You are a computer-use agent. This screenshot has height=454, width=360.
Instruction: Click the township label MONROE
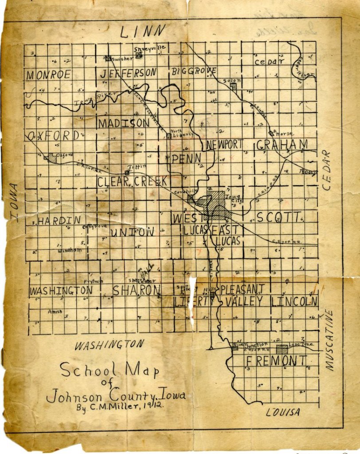click(48, 75)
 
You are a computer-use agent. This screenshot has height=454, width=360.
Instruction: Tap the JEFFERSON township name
click(128, 73)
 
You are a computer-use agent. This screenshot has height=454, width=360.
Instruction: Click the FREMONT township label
click(276, 360)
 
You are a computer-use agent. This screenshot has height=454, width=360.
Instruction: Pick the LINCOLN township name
click(295, 302)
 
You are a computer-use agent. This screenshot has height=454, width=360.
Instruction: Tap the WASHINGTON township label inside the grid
click(61, 291)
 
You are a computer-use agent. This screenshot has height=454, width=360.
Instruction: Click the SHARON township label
click(136, 290)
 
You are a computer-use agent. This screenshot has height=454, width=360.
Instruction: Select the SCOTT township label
click(278, 217)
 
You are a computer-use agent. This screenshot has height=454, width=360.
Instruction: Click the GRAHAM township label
click(282, 144)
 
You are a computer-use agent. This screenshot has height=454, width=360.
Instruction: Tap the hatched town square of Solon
click(234, 87)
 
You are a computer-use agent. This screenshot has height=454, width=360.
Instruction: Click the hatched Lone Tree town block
click(281, 349)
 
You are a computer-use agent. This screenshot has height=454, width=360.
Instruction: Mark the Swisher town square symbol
click(108, 58)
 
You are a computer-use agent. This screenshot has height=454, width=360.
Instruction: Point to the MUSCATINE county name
click(329, 340)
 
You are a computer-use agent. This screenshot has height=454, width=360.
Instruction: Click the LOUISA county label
click(283, 412)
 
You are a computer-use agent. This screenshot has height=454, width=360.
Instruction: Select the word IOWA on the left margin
click(15, 202)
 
